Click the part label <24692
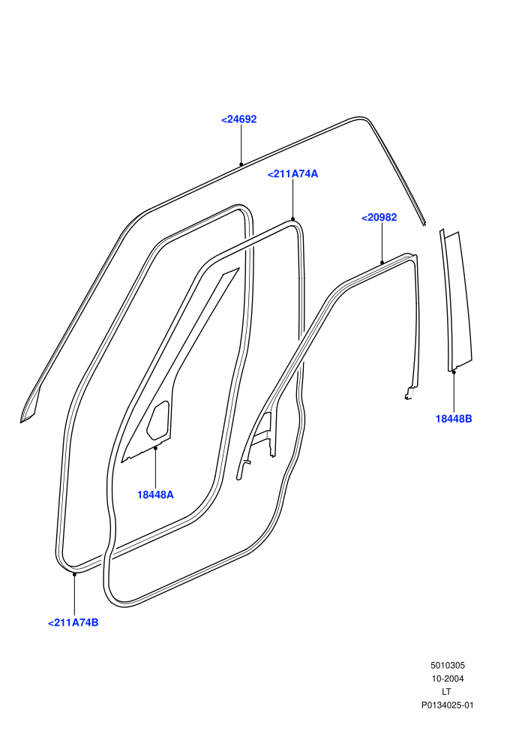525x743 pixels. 238,119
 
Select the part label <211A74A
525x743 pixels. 292,174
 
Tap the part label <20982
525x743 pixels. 379,218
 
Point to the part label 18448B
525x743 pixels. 454,419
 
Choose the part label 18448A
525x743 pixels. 155,495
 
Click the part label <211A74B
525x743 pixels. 73,623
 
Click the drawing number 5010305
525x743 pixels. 447,665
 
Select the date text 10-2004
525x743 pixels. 447,678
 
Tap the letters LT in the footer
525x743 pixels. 446,692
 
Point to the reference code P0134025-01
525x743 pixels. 447,705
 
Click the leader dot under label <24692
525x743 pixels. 241,164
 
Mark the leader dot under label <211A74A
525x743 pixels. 292,219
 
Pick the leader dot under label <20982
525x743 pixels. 382,263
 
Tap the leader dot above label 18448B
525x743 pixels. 454,372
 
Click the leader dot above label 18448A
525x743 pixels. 155,448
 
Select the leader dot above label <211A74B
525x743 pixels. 74,574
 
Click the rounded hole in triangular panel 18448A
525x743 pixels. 158,419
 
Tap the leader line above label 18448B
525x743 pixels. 454,393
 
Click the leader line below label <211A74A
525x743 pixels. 292,200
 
